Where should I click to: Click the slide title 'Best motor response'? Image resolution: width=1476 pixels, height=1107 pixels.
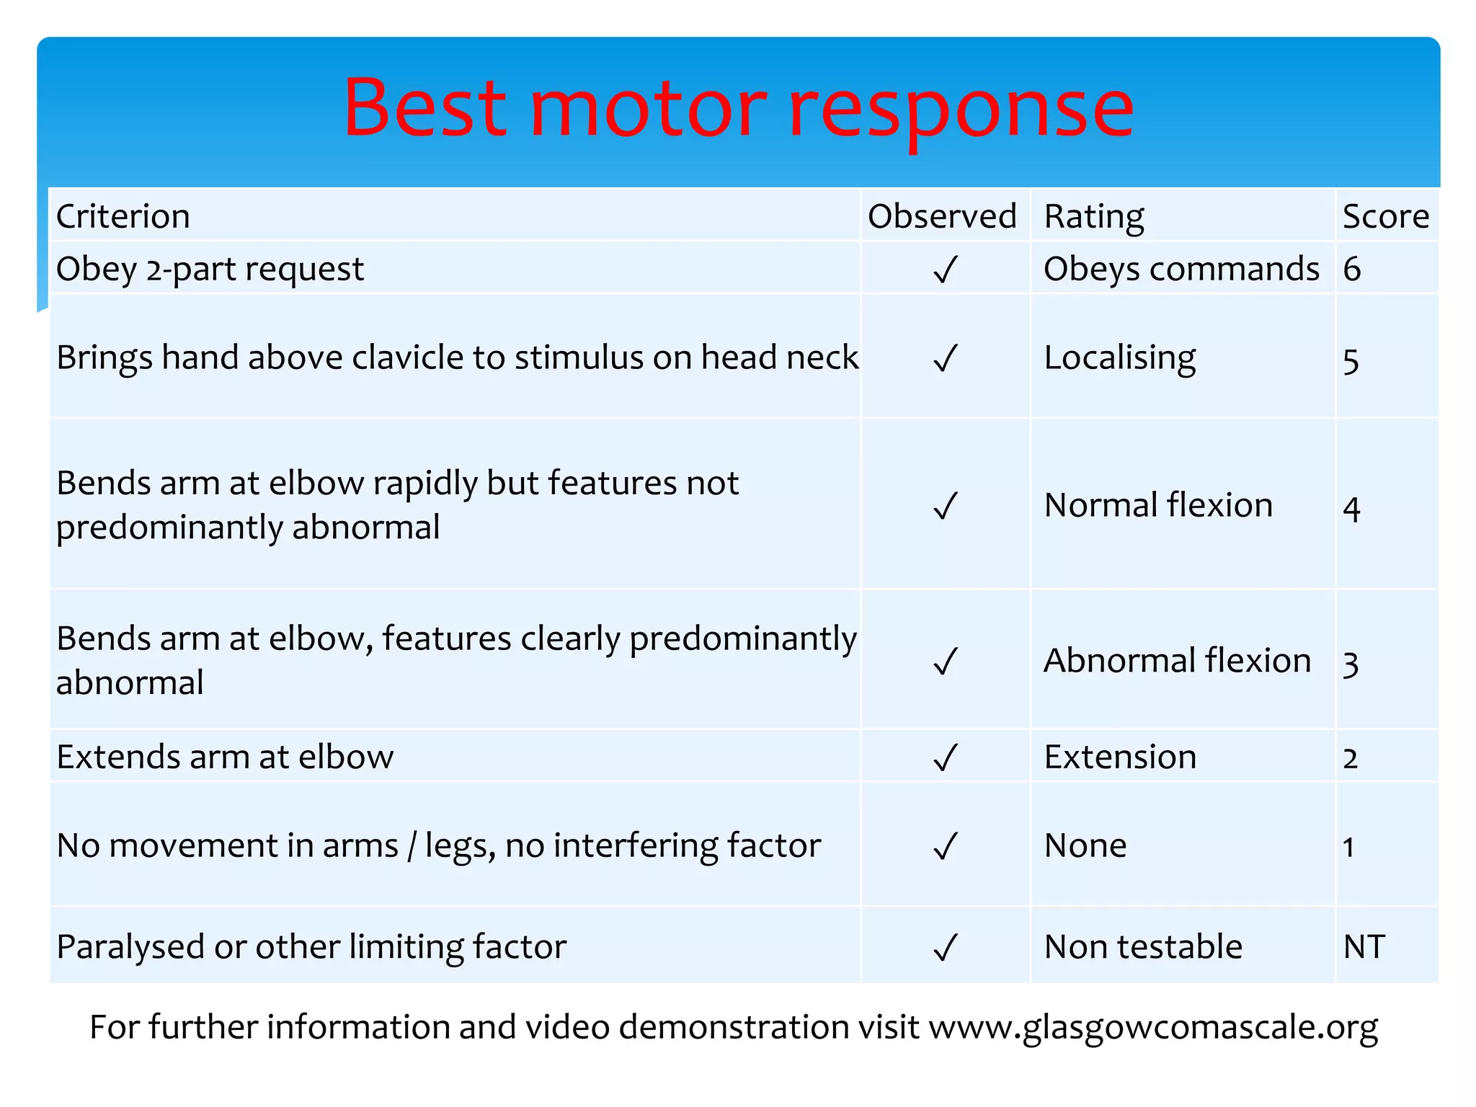point(738,108)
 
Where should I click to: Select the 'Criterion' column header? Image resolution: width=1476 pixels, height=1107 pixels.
point(123,216)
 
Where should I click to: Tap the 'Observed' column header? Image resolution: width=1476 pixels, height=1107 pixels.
point(942,216)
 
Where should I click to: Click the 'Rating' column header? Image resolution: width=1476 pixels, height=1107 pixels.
point(1094,216)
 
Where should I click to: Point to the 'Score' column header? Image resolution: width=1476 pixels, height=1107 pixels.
point(1386,216)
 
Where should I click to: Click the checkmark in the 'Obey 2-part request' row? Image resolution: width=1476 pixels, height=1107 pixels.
point(945,270)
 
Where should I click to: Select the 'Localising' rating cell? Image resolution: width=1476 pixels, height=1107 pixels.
point(1120,358)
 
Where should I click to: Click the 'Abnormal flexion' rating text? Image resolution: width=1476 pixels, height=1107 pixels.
point(1178,660)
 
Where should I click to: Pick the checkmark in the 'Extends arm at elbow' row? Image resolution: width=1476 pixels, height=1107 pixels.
point(945,757)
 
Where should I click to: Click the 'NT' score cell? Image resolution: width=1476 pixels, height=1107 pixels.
point(1364,946)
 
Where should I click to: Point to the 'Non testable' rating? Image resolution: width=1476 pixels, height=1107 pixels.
point(1143,946)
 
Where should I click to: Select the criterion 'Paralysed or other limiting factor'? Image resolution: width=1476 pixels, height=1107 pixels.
point(311,946)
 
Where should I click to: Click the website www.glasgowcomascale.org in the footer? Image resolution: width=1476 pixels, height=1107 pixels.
point(1153,1027)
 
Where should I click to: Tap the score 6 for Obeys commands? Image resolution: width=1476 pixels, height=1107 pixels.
point(1352,269)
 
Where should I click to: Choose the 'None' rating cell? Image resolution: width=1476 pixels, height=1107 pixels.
point(1085,845)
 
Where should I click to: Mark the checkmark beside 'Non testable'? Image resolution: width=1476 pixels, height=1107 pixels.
point(945,948)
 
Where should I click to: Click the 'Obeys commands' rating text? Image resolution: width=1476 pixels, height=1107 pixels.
point(1182,269)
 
